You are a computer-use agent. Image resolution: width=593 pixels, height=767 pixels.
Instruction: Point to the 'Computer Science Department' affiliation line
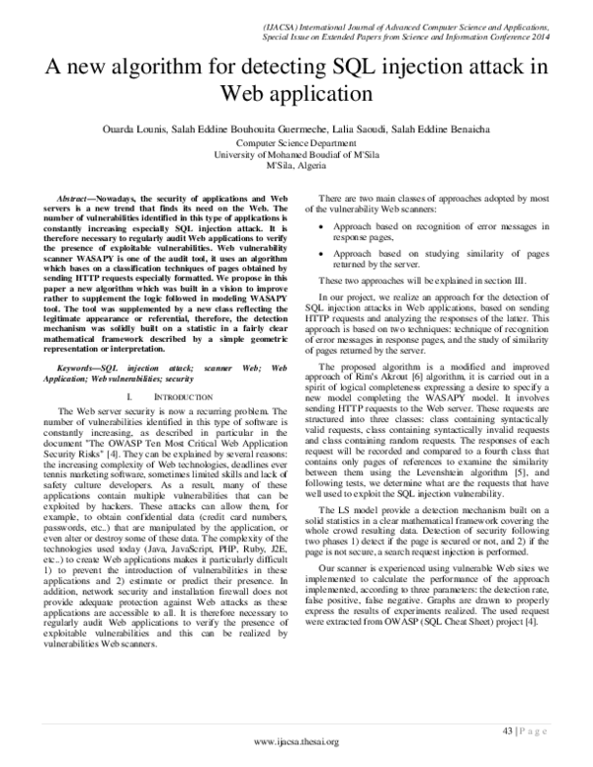pos(296,143)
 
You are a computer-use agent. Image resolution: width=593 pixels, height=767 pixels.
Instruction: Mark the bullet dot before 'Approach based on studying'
pos(327,254)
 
